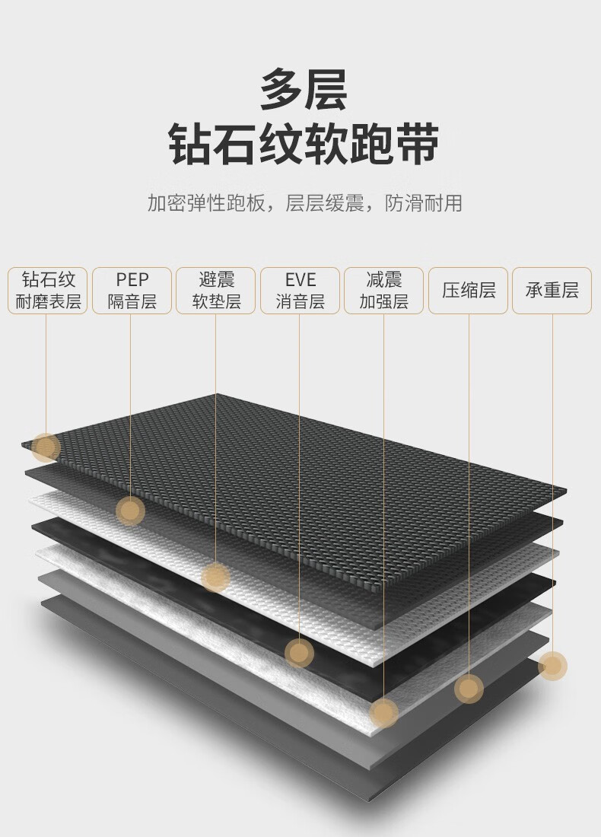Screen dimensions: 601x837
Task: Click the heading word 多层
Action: click(x=304, y=91)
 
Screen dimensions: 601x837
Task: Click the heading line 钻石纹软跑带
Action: click(x=304, y=145)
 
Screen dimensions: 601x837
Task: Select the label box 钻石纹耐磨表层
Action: click(x=48, y=290)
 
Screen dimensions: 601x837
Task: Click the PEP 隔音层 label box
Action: click(x=132, y=290)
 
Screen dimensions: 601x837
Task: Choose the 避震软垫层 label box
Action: click(x=216, y=290)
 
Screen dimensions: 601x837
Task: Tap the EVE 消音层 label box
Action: click(x=300, y=290)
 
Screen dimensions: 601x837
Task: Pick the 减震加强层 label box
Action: click(x=383, y=290)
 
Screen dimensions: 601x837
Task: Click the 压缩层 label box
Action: click(x=469, y=290)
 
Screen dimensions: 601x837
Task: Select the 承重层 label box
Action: click(x=552, y=290)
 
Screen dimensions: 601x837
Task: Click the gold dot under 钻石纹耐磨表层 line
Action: click(x=46, y=447)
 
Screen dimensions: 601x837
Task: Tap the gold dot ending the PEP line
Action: click(x=131, y=511)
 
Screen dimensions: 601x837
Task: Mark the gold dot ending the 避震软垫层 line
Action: click(x=216, y=578)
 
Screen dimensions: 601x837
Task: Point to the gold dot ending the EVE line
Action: click(x=299, y=652)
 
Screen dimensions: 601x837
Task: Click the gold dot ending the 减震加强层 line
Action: click(x=383, y=712)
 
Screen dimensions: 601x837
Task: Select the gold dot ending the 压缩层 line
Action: click(x=469, y=689)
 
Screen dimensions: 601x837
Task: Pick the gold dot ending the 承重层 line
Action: click(x=552, y=666)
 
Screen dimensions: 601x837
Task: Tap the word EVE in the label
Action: click(x=300, y=279)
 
